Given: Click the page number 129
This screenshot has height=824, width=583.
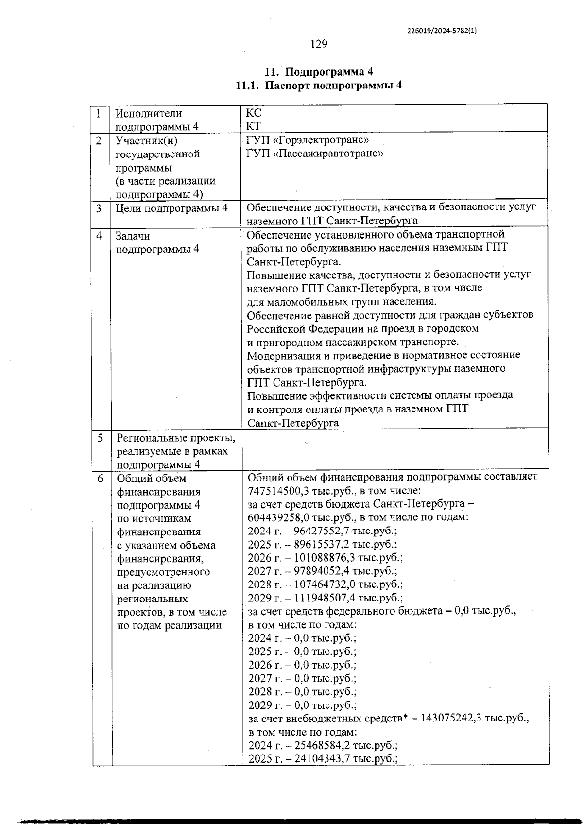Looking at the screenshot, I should [319, 44].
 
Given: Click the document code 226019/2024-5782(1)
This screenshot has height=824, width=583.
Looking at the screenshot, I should [441, 30].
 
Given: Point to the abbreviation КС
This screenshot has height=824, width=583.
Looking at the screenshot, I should [254, 114].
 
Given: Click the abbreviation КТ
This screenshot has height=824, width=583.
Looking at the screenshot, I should [254, 127].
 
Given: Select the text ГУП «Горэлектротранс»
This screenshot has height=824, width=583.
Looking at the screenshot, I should [308, 140].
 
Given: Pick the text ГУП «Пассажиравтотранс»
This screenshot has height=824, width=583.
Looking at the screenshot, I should [315, 154].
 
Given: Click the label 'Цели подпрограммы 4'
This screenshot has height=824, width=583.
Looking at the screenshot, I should [171, 208].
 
